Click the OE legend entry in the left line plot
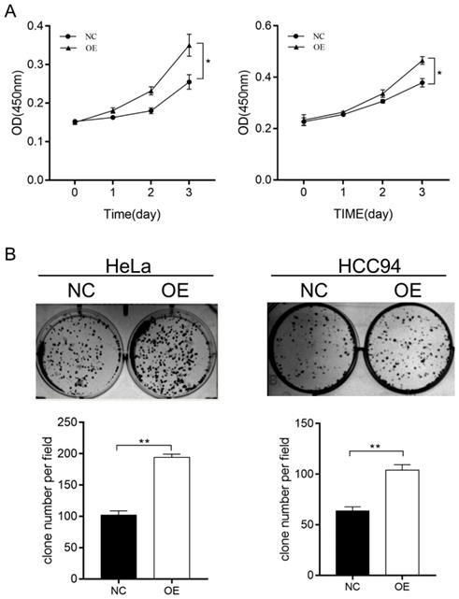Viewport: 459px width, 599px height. click(77, 43)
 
